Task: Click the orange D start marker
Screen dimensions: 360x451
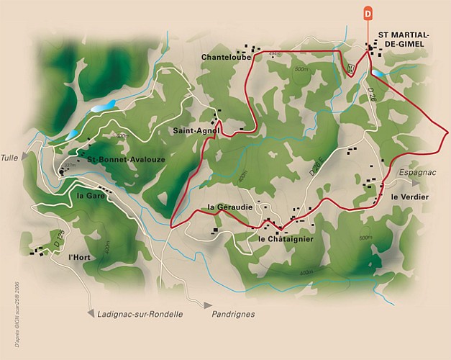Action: click(368, 12)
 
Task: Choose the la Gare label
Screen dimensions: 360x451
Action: click(91, 195)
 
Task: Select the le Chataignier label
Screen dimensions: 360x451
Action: click(285, 238)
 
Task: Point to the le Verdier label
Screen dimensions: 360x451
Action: click(410, 197)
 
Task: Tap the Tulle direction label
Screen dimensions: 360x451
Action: click(9, 158)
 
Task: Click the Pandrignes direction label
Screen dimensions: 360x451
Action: click(234, 315)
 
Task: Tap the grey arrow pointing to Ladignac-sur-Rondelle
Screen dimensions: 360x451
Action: click(89, 313)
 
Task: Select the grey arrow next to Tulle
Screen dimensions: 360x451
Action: click(26, 155)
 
